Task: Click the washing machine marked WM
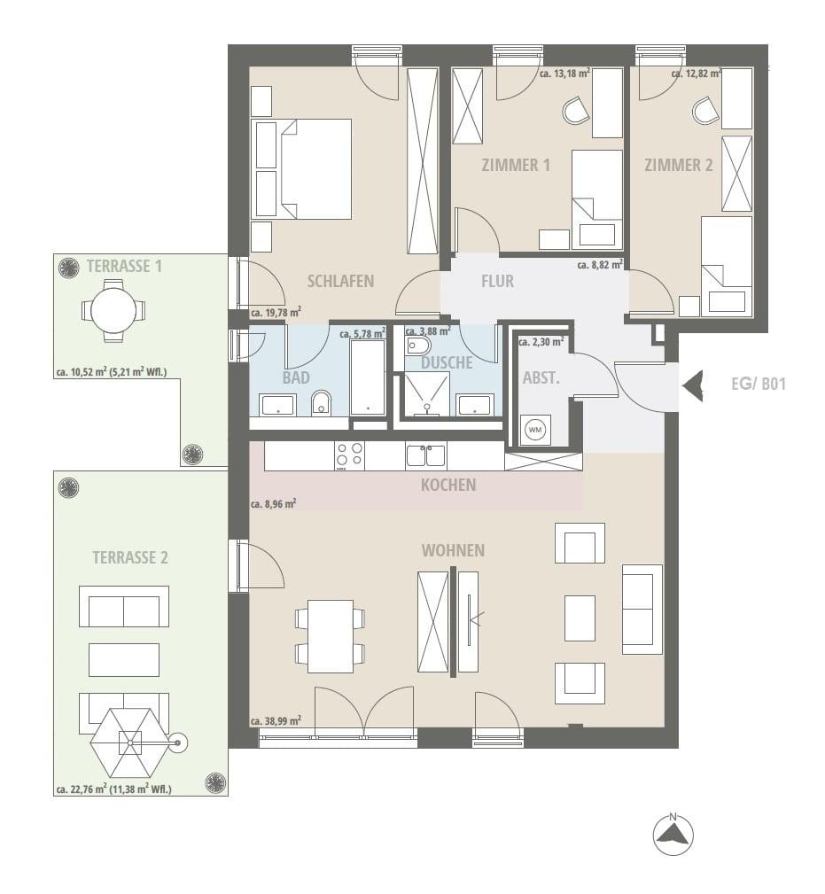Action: (535, 430)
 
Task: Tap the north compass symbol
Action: (673, 834)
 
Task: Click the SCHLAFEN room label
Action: (340, 281)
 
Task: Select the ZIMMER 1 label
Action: (516, 166)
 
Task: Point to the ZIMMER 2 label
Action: (679, 166)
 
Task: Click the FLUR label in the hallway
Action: (497, 281)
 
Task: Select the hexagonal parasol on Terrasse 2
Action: (130, 742)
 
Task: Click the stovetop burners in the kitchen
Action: (349, 455)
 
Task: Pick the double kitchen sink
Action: (426, 455)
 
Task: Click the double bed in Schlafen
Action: (315, 168)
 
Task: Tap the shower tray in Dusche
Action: (426, 393)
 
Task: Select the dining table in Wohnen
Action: (331, 635)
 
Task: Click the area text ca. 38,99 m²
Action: (276, 720)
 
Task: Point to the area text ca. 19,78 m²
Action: (276, 312)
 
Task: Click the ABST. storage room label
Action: (541, 377)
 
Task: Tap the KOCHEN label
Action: (448, 485)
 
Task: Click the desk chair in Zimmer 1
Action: (576, 110)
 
